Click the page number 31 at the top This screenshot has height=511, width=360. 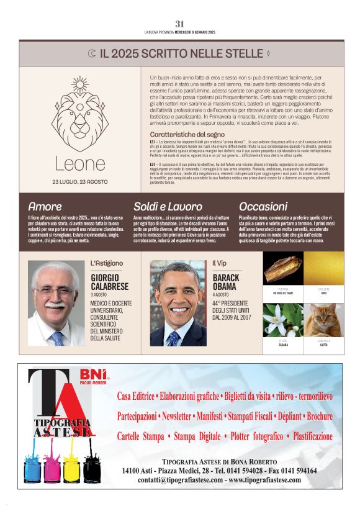[x=180, y=24]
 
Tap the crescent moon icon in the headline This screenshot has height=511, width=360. [x=92, y=54]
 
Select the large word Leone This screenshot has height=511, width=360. [x=80, y=163]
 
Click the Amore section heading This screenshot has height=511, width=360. [x=45, y=206]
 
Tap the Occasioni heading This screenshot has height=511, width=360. [x=263, y=206]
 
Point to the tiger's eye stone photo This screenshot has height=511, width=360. [x=283, y=269]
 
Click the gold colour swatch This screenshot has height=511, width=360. [x=324, y=269]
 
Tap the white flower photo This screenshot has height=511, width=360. [x=283, y=320]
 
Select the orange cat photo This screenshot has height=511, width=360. [x=324, y=320]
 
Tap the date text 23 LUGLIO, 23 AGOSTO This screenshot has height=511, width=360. [x=80, y=182]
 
